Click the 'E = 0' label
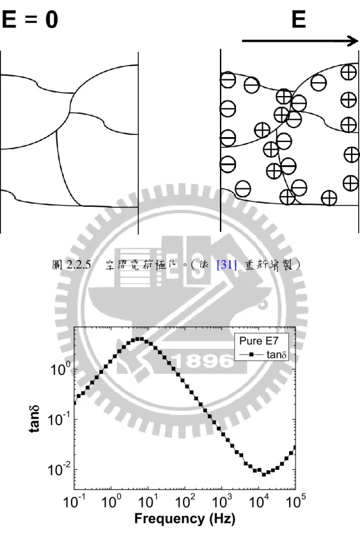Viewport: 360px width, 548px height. [29, 19]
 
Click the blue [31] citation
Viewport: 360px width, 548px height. [226, 265]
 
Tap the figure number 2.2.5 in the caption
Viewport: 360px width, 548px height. [79, 265]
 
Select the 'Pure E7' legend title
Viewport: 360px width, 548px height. [259, 340]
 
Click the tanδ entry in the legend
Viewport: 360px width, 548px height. [277, 355]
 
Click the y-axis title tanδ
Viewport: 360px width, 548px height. [34, 419]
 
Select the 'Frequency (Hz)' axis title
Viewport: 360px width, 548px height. [185, 518]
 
